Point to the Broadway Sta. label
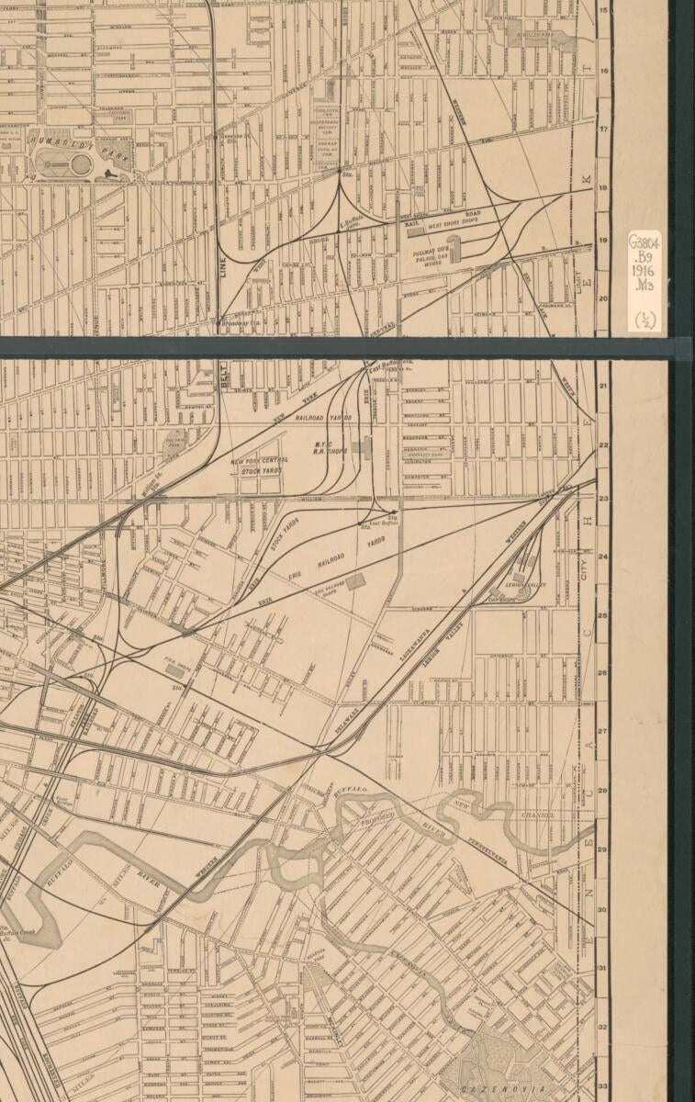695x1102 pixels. pos(240,322)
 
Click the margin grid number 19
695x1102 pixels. pos(603,242)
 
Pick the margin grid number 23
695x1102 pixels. pos(603,499)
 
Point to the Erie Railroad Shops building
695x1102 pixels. pos(353,580)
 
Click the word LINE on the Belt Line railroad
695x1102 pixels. pos(223,267)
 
